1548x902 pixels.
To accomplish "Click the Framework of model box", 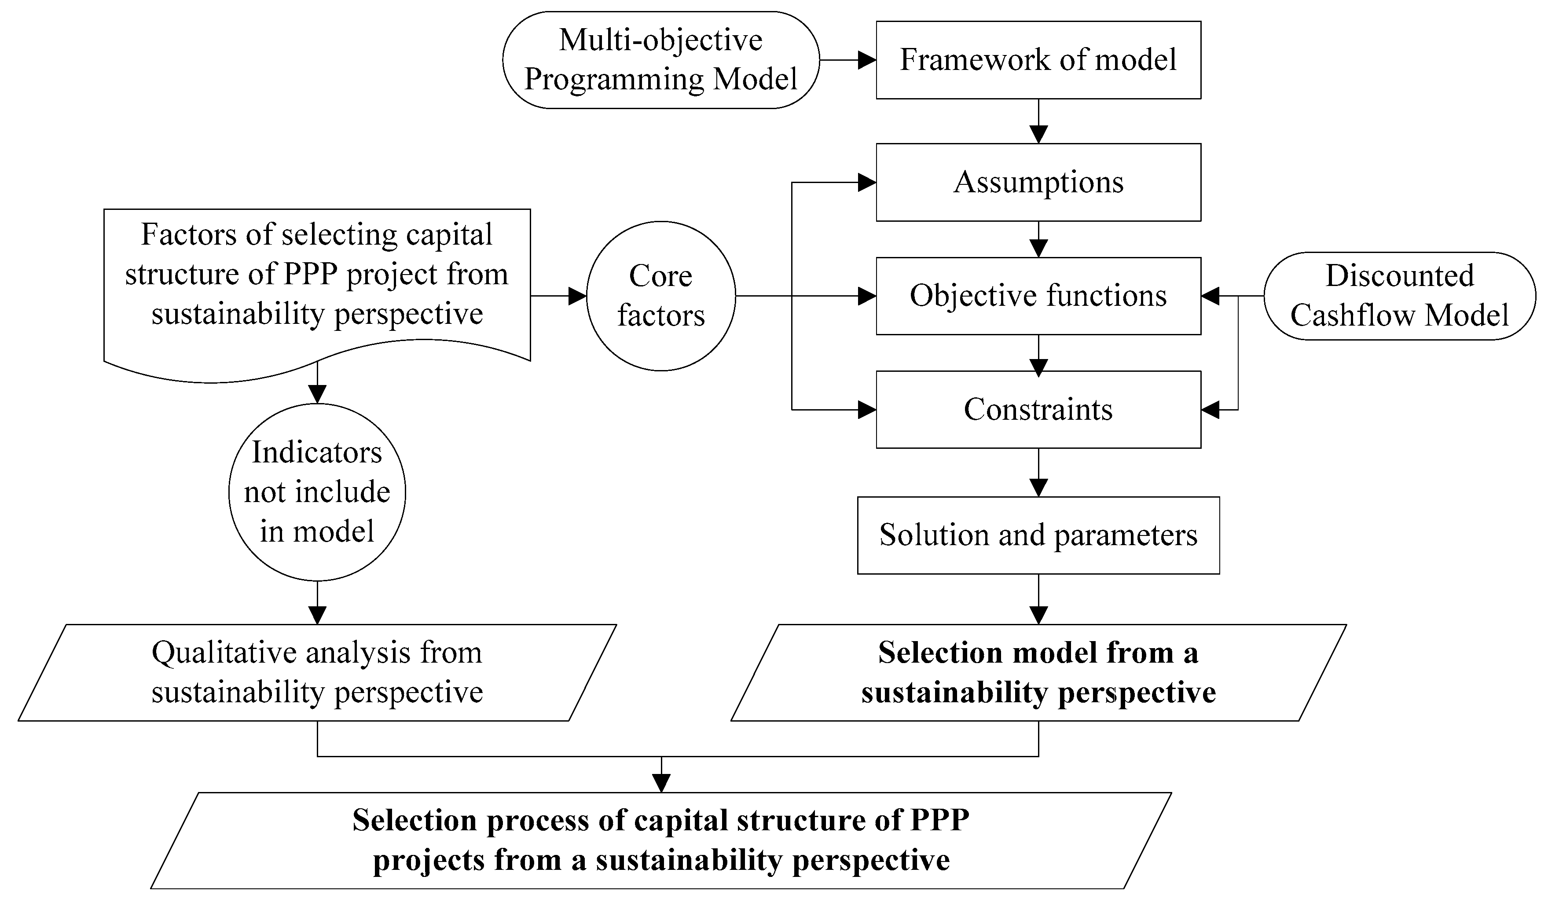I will point(1038,60).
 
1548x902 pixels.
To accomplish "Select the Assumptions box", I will point(1038,183).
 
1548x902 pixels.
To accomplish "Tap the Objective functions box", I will point(1038,296).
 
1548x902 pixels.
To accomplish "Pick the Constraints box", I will point(1038,410).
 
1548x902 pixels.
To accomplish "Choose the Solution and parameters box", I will point(1038,535).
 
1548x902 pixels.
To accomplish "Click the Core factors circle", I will point(660,296).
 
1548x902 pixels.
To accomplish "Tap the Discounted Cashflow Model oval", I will point(1399,296).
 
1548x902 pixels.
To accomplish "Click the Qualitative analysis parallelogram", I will point(317,672).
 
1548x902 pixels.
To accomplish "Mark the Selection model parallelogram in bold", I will point(1038,672).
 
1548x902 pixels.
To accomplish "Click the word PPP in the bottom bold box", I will point(939,820).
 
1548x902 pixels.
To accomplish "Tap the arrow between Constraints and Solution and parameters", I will point(1038,473).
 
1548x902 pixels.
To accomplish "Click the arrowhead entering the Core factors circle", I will point(577,296).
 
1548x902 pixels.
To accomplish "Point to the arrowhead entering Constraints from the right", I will point(1210,410).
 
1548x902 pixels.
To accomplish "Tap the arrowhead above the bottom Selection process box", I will point(661,783).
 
